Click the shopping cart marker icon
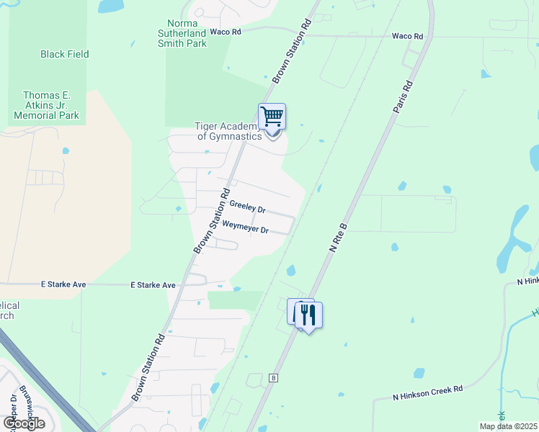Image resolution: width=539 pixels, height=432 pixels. [x=272, y=116]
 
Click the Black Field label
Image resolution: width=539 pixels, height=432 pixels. [x=64, y=54]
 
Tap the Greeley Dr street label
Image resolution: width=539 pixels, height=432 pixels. [x=248, y=207]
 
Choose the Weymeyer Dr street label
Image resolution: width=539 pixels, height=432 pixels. [x=245, y=228]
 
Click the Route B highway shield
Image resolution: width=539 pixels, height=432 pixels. [x=273, y=377]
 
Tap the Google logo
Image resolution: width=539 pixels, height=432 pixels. [x=24, y=423]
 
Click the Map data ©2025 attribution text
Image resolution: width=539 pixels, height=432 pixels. [x=508, y=426]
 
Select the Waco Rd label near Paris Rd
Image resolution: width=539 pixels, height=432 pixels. [x=406, y=35]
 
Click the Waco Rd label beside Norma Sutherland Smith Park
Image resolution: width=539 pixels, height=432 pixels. [x=225, y=32]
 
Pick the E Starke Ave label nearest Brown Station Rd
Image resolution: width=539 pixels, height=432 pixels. [x=153, y=285]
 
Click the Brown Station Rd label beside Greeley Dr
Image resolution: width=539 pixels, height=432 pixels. [x=211, y=220]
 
